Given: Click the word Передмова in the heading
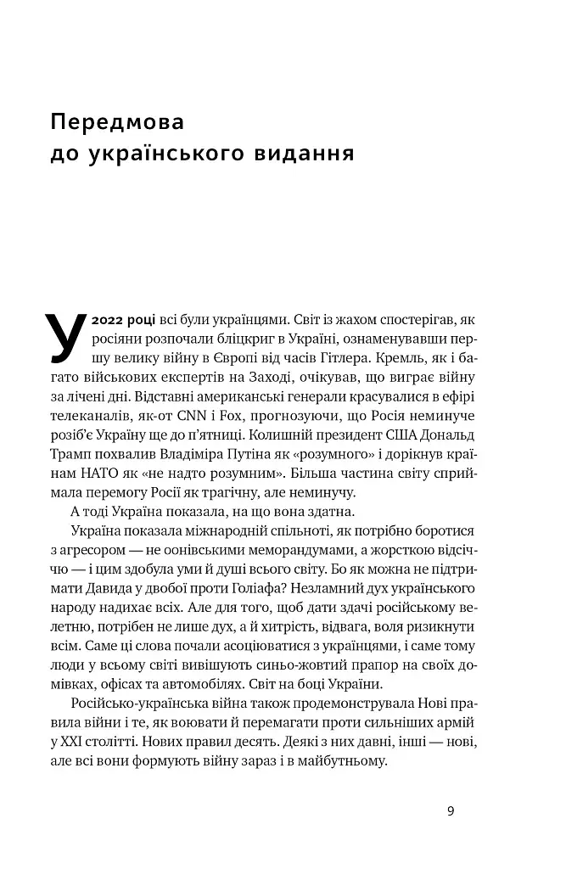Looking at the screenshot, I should (116, 122).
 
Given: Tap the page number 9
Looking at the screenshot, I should (451, 811).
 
